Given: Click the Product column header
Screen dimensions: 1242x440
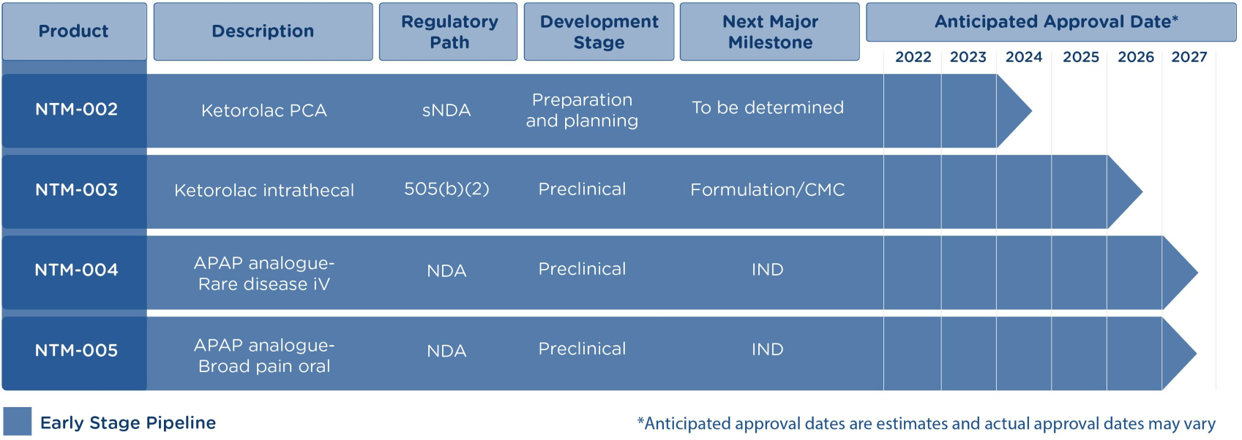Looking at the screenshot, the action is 75,31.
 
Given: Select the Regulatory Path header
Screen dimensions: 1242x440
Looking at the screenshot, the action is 448,31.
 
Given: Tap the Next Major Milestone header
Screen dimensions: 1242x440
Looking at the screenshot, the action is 770,31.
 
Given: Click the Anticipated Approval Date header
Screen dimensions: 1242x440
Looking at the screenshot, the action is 1051,22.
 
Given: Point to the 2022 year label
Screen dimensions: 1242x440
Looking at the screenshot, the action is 913,57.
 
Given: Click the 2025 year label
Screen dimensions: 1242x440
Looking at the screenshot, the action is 1081,57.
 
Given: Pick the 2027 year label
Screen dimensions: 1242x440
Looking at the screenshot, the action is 1189,57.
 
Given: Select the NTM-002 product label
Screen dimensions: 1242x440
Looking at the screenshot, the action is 77,109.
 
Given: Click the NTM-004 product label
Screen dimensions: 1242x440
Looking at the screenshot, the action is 77,270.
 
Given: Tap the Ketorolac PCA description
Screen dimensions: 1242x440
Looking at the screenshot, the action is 264,110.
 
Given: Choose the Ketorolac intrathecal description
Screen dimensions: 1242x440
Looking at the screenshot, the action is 264,190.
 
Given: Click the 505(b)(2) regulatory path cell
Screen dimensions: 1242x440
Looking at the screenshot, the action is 446,189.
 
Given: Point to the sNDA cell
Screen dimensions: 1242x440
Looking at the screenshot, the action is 446,110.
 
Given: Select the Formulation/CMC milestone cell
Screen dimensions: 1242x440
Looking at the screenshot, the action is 768,190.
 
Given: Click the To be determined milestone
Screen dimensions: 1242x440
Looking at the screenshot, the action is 768,107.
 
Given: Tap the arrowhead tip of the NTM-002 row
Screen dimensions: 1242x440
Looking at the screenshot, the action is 1032,110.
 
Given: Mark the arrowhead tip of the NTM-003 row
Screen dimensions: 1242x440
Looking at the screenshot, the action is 1142,191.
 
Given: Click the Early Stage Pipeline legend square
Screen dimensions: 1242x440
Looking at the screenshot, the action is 17,422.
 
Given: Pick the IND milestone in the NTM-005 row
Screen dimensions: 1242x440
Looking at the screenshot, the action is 768,350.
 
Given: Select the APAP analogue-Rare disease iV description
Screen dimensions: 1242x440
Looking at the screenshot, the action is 264,273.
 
